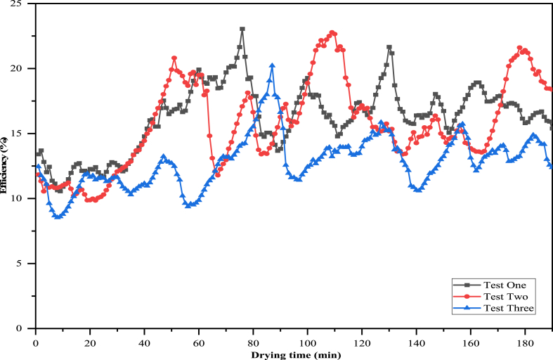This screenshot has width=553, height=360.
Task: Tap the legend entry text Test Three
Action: (x=509, y=308)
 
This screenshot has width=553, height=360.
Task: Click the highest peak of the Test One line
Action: (x=242, y=30)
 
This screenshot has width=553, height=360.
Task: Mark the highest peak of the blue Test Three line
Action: (x=272, y=65)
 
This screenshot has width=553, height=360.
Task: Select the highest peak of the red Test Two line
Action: (x=333, y=32)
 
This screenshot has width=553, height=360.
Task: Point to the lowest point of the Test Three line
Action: (x=58, y=217)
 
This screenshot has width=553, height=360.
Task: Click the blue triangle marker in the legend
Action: (x=467, y=308)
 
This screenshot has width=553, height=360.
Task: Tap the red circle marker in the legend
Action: (x=467, y=296)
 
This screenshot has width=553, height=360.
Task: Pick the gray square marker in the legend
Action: (x=467, y=285)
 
